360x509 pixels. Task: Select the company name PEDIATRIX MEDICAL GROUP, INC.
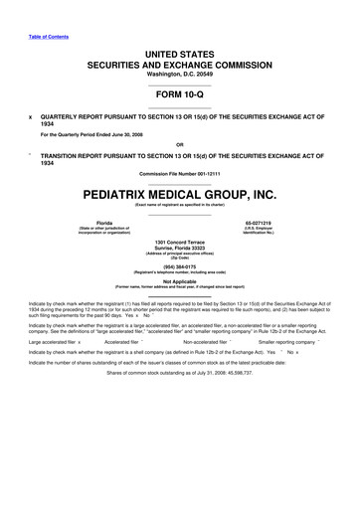click(180, 195)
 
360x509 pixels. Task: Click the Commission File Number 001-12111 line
click(180, 175)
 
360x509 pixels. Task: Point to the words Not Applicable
click(180, 281)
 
